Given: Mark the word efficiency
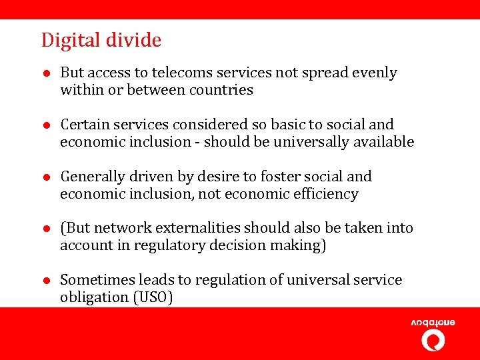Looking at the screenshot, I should (328, 194).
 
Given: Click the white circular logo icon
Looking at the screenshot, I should (433, 340).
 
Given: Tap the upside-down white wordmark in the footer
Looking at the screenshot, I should (433, 323).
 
